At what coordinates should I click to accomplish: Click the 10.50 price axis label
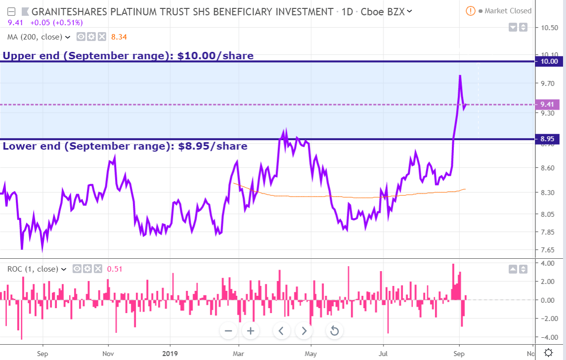click(550, 28)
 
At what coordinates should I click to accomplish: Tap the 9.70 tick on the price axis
click(549, 83)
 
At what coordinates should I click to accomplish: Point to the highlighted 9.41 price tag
click(547, 104)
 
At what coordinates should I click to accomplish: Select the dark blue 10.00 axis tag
click(549, 61)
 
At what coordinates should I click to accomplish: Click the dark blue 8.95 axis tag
click(549, 139)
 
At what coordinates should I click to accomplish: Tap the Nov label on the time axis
click(108, 354)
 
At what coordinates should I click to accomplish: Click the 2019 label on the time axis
click(170, 354)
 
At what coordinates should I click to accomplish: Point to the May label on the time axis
click(311, 354)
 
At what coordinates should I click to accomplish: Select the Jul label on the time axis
click(383, 354)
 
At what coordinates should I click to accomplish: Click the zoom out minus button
click(228, 331)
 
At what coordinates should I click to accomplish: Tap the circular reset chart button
click(334, 331)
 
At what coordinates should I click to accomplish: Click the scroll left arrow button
click(281, 331)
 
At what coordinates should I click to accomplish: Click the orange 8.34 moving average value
click(119, 37)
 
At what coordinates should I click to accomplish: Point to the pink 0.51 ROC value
click(115, 269)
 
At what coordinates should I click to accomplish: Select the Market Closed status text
click(508, 11)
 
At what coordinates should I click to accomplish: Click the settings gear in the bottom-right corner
click(548, 353)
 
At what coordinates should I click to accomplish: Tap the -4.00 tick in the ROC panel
click(549, 337)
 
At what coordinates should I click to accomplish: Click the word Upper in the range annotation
click(20, 56)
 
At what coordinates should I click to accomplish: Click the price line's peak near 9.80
click(460, 76)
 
